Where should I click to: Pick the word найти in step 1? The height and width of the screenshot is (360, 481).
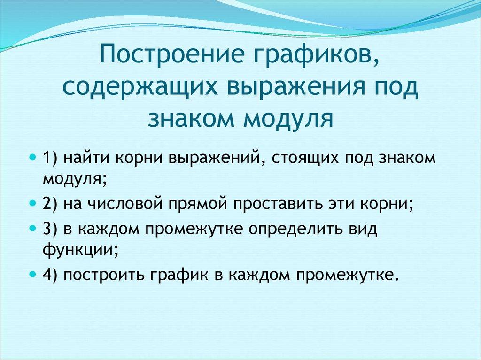tap(86, 158)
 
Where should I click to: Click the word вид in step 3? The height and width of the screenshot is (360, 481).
tap(365, 229)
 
